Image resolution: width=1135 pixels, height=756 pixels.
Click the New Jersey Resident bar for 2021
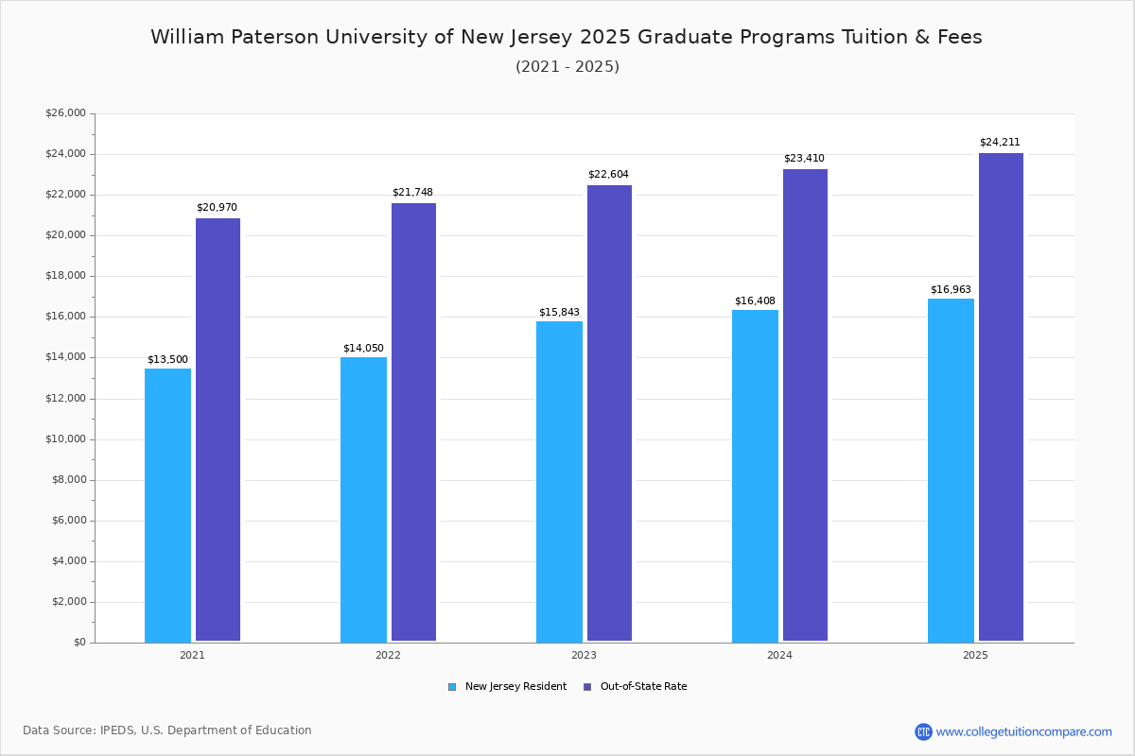pos(167,505)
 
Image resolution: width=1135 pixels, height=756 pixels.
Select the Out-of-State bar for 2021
pos(218,430)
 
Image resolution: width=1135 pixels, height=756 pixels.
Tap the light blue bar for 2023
pos(559,481)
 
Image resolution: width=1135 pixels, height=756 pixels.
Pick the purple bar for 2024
pos(805,405)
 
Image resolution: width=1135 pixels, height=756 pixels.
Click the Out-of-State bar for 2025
pos(1001,397)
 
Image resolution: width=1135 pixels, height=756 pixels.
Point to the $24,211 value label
pos(1000,143)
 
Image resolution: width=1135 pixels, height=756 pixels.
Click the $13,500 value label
pos(167,360)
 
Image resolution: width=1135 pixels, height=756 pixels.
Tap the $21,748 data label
pos(412,193)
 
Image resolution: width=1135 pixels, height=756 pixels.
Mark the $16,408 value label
pos(755,301)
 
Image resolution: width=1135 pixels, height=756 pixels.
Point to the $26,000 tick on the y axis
pos(65,113)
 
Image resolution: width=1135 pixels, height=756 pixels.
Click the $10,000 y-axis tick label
pos(65,439)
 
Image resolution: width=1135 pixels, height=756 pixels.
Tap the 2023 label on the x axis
pos(584,655)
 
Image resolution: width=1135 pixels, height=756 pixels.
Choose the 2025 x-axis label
pos(975,655)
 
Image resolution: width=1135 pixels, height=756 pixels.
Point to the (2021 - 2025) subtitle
pos(567,66)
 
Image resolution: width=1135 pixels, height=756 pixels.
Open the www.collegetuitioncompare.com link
pos(1023,731)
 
